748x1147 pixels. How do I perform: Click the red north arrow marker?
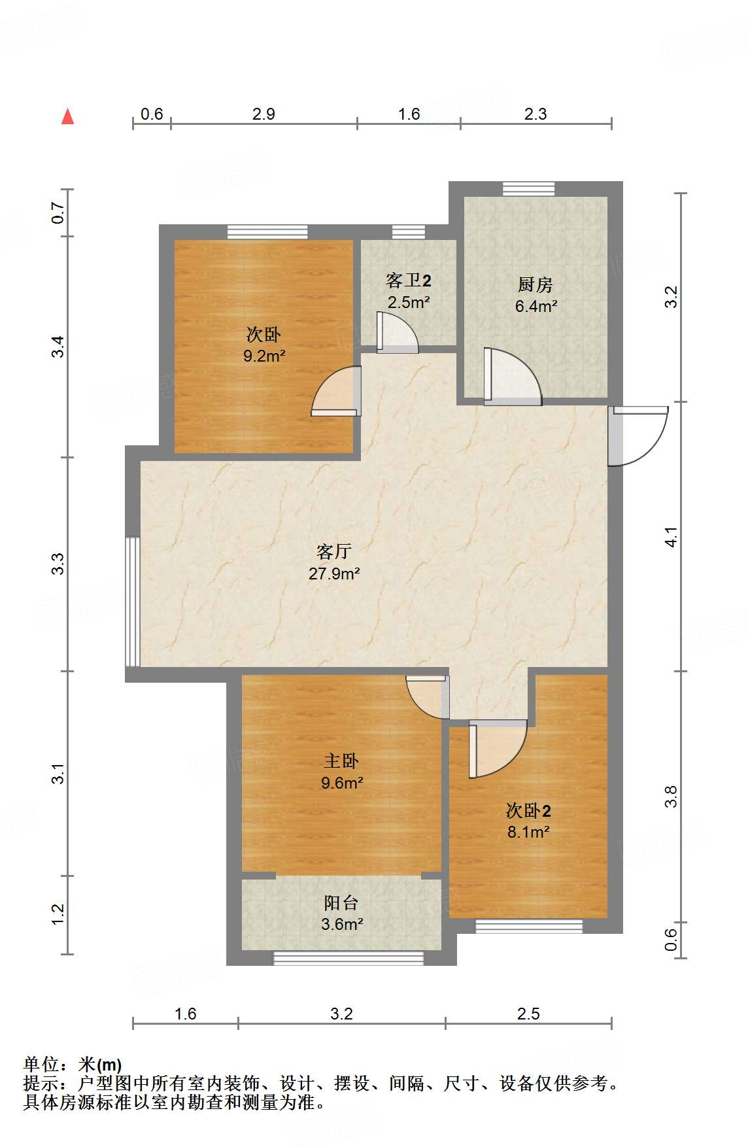pyautogui.click(x=67, y=116)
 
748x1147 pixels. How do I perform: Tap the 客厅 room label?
pyautogui.click(x=334, y=552)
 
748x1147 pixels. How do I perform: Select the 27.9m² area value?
pyautogui.click(x=334, y=574)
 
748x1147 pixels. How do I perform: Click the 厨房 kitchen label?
pyautogui.click(x=535, y=284)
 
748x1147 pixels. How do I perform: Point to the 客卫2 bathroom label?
pyautogui.click(x=408, y=281)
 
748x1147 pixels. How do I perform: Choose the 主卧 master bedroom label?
pyautogui.click(x=341, y=761)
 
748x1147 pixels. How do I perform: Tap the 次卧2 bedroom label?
pyautogui.click(x=528, y=811)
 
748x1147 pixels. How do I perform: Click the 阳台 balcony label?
pyautogui.click(x=341, y=903)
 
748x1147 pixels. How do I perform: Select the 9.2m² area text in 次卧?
pyautogui.click(x=264, y=356)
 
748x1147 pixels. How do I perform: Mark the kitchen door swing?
pyautogui.click(x=511, y=377)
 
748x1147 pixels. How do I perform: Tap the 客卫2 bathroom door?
pyautogui.click(x=397, y=334)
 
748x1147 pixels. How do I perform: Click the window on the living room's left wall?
pyautogui.click(x=133, y=602)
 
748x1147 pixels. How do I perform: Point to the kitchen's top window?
pyautogui.click(x=528, y=189)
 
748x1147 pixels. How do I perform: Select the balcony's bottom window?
pyautogui.click(x=348, y=958)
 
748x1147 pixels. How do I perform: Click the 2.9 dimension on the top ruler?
pyautogui.click(x=263, y=114)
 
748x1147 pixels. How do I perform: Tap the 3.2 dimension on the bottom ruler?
pyautogui.click(x=341, y=1014)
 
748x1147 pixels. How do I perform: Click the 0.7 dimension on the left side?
pyautogui.click(x=59, y=213)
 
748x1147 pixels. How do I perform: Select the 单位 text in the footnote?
pyautogui.click(x=41, y=1065)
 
